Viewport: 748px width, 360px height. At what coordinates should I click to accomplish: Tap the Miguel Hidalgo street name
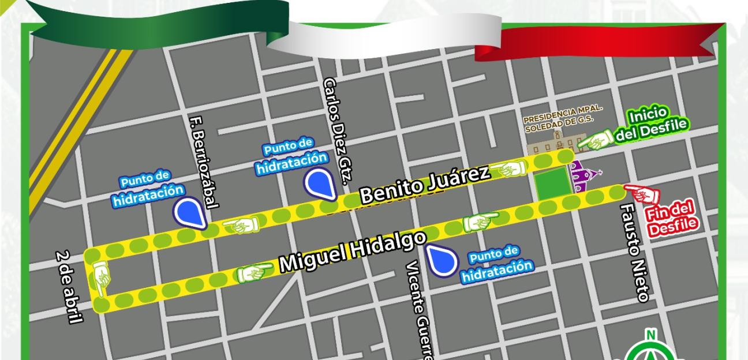[353, 252]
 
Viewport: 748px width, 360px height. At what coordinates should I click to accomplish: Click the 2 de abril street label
[69, 287]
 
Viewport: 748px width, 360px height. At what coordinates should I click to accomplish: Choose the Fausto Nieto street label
[633, 252]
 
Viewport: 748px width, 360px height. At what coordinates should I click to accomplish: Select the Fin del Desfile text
[671, 219]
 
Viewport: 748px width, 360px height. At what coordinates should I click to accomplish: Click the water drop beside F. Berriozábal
[190, 212]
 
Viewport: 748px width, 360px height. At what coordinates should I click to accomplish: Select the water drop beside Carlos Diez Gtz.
[319, 182]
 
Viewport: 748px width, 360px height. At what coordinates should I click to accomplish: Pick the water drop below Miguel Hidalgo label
[442, 259]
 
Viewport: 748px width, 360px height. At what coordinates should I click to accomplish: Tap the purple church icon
[583, 177]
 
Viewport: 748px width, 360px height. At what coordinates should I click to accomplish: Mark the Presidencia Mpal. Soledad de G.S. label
[563, 119]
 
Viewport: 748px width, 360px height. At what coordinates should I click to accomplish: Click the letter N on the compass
[651, 335]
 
